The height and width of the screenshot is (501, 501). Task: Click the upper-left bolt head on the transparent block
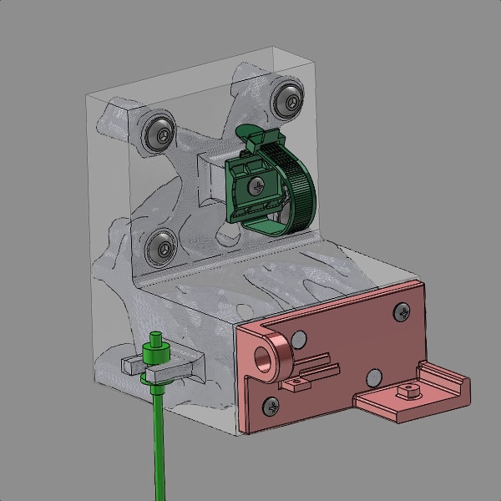(x=159, y=132)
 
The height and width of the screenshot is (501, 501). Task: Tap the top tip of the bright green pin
(x=154, y=337)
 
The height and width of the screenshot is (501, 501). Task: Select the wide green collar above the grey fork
(x=156, y=377)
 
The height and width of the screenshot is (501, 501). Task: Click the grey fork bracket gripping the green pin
(x=134, y=365)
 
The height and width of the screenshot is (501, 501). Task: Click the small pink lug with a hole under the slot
(x=294, y=384)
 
